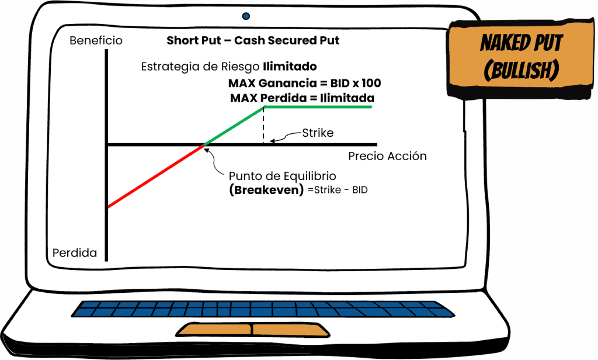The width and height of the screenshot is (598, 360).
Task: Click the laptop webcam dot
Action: click(x=246, y=16)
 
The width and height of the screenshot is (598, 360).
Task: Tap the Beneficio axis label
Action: click(x=96, y=41)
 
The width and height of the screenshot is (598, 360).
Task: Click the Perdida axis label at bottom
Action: click(x=75, y=253)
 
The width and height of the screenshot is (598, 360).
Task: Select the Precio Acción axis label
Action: click(x=387, y=156)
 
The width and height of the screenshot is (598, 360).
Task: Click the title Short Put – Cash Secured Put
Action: click(x=253, y=41)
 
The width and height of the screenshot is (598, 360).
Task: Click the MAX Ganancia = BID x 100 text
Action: click(x=304, y=83)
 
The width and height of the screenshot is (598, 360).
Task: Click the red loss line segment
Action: click(x=155, y=175)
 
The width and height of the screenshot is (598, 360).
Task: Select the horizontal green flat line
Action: click(x=318, y=107)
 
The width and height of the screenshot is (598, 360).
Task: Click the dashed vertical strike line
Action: click(x=264, y=125)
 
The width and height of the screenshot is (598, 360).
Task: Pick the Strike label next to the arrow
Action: click(x=318, y=133)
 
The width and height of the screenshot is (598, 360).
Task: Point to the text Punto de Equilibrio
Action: click(x=283, y=176)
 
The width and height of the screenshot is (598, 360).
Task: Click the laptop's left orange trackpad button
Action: click(x=214, y=330)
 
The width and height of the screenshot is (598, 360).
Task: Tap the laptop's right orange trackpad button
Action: click(x=290, y=330)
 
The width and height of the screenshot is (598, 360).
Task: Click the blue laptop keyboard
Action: click(x=266, y=308)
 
